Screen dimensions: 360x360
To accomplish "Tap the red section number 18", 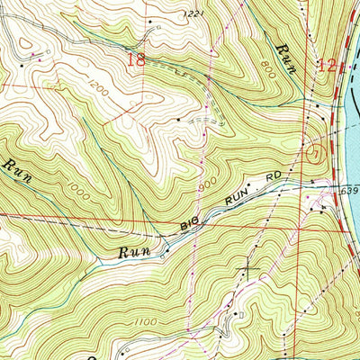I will pyautogui.click(x=137, y=60).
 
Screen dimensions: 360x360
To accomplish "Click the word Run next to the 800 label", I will pyautogui.click(x=285, y=51).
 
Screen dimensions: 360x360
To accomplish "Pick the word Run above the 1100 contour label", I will pyautogui.click(x=137, y=252).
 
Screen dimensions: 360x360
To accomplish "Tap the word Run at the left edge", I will pyautogui.click(x=15, y=169).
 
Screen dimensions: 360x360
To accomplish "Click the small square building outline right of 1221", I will pyautogui.click(x=157, y=29).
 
